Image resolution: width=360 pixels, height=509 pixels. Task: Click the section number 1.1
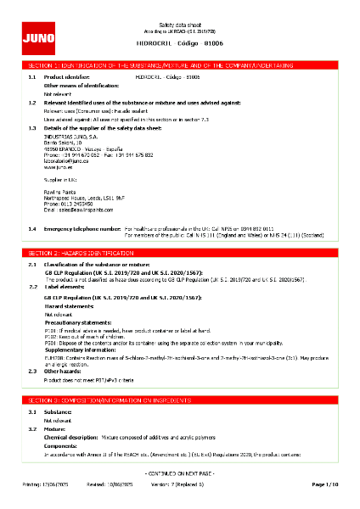[32, 76]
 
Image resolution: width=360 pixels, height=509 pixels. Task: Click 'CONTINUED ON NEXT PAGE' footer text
[179, 472]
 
